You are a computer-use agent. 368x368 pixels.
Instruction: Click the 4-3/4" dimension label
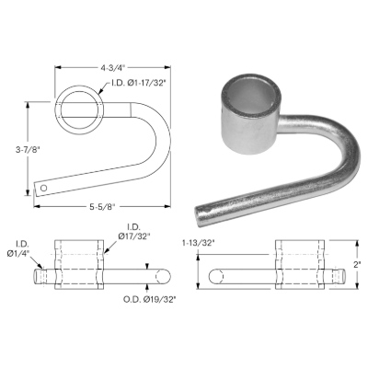tap(113, 68)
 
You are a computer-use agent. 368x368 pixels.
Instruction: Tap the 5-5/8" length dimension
tap(102, 207)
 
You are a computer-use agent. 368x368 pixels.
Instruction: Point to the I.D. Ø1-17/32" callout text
tap(136, 84)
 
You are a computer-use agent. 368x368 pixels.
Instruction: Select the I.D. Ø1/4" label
tap(22, 249)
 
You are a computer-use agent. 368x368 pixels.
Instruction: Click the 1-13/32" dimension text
tap(198, 243)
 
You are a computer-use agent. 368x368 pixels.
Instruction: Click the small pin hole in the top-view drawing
tap(44, 188)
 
